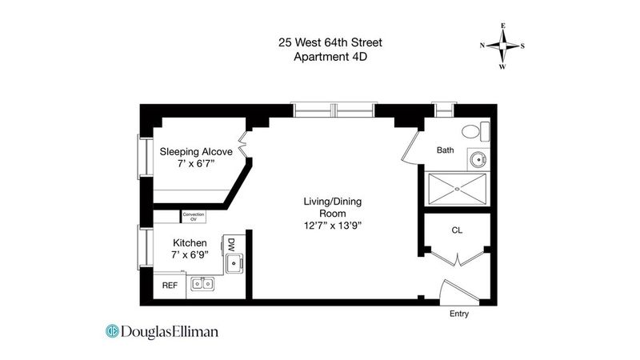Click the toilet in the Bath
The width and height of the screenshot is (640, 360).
475,131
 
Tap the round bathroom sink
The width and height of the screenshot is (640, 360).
478,159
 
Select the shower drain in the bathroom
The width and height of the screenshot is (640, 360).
457,189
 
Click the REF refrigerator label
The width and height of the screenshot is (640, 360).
170,286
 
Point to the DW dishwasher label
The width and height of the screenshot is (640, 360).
231,245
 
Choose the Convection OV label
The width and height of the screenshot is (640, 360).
194,217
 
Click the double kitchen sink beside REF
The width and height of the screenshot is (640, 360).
203,283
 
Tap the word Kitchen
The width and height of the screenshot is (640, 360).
190,243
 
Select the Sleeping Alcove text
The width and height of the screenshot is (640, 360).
196,152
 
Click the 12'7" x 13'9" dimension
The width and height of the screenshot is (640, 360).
333,226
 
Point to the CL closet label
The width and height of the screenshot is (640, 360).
457,230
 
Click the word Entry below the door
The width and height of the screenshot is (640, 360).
459,314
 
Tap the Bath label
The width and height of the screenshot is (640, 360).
446,150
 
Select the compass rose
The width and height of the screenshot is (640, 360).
503,46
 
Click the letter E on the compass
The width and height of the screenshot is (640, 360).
503,26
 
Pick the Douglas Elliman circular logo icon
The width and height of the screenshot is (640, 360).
112,331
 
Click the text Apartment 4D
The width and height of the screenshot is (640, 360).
330,56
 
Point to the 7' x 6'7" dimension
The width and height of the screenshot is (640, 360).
196,164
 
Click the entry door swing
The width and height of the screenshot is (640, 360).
459,292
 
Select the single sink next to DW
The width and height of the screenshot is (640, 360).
234,264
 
